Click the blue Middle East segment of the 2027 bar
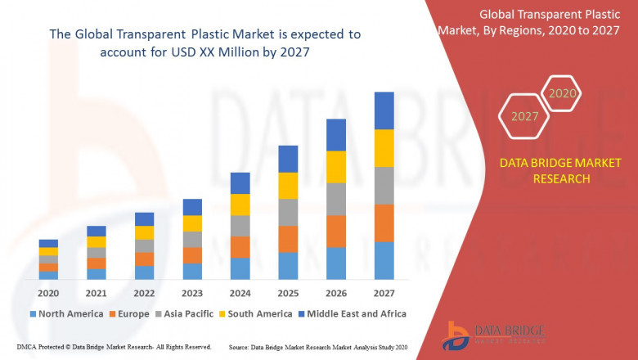click(384, 110)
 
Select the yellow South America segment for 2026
click(335, 167)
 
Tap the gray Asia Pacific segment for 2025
click(287, 212)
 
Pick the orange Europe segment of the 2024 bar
click(240, 247)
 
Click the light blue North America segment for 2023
click(192, 271)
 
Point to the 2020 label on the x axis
click(48, 293)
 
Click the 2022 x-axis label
click(144, 293)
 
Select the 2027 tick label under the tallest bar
click(384, 293)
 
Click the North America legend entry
click(65, 313)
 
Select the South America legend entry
click(255, 313)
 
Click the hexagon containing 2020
click(562, 94)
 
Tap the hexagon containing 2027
click(524, 116)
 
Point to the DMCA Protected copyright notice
click(114, 347)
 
